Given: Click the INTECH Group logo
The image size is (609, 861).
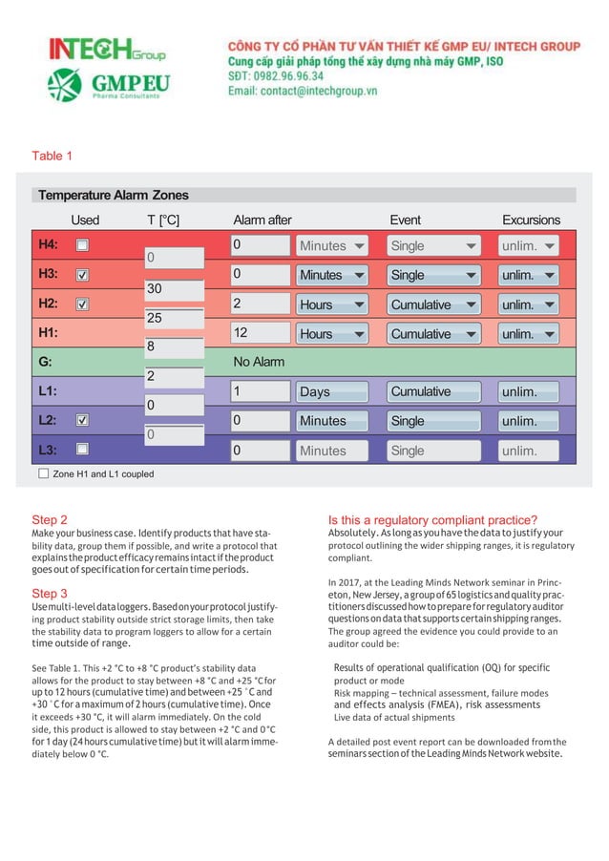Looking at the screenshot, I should [x=107, y=49].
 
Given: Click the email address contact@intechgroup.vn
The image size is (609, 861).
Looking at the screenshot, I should [x=303, y=92].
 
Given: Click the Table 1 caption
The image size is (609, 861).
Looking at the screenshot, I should [x=52, y=156].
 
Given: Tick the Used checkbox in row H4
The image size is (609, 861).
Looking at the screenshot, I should [x=82, y=245].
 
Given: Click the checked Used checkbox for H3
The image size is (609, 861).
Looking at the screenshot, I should [x=82, y=275].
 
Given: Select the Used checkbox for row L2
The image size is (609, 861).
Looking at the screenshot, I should [x=82, y=420].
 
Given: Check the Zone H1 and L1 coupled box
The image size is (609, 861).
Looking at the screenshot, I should [x=43, y=473].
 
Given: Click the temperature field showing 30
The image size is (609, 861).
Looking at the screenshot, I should [x=174, y=288].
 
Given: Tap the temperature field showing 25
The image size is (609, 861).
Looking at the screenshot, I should [x=174, y=318].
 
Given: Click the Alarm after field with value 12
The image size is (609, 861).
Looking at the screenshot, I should [x=261, y=333].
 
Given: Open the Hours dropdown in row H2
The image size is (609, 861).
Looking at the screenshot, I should [x=331, y=304].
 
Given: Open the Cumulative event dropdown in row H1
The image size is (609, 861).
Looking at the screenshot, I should [x=433, y=334].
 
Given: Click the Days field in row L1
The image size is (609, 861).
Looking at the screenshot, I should [x=331, y=391].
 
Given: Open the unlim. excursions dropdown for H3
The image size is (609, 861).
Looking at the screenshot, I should [x=529, y=275].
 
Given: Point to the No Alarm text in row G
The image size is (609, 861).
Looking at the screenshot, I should [x=259, y=363].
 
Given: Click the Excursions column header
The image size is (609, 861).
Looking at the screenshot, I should [x=531, y=220].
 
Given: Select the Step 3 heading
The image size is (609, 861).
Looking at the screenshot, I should [x=50, y=593].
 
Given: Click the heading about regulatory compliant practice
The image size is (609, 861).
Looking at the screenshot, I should [x=432, y=520].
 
